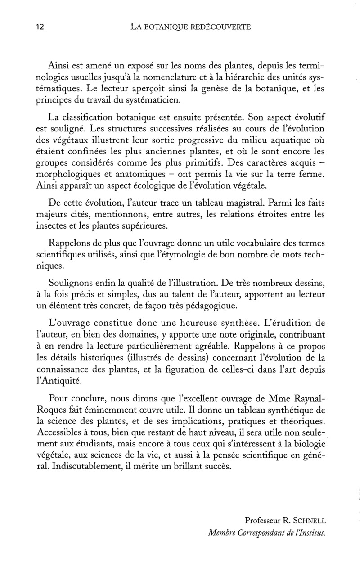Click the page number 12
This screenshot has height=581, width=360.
coord(40,27)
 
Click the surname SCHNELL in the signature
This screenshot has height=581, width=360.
coord(309,521)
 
